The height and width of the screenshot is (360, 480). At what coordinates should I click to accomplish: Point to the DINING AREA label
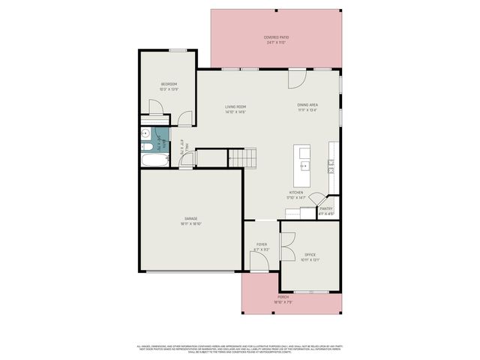307,106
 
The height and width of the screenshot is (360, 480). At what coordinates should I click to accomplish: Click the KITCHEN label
296,193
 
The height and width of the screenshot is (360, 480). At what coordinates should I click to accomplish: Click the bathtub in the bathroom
153,160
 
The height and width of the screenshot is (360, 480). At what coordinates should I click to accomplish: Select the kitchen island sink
305,165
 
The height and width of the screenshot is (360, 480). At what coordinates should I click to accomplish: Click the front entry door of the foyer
259,262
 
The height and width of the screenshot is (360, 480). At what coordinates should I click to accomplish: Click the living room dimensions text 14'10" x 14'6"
235,112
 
